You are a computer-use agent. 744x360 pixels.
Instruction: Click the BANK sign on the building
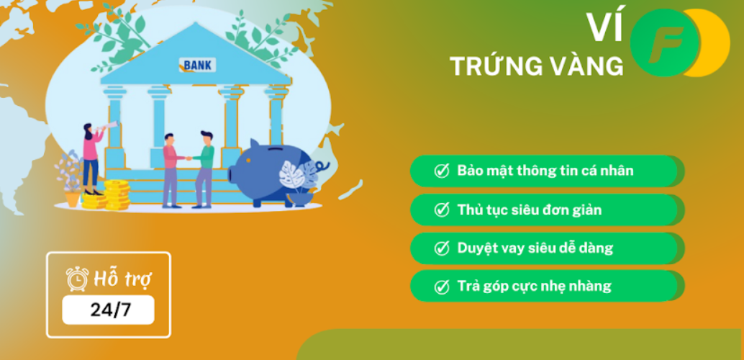click(x=197, y=65)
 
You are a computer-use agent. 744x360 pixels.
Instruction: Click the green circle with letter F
click(x=665, y=42)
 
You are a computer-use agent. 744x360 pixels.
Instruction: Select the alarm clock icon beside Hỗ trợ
click(x=76, y=279)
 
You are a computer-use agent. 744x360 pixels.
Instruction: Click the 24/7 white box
click(x=108, y=310)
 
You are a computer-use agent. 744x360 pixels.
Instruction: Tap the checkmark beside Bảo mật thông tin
click(x=442, y=171)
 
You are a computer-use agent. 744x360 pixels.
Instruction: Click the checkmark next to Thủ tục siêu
click(x=442, y=210)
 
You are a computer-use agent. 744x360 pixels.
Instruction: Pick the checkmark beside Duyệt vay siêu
click(x=442, y=248)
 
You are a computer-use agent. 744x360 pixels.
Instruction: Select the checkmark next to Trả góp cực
click(x=442, y=287)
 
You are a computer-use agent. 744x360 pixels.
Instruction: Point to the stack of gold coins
click(x=117, y=194)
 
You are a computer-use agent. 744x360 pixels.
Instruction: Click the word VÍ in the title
click(x=603, y=27)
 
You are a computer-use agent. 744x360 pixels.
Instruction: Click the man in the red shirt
click(x=172, y=171)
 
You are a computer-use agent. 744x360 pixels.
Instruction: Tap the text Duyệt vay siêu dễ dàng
click(x=535, y=248)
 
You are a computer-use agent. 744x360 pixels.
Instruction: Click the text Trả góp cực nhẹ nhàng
click(x=535, y=287)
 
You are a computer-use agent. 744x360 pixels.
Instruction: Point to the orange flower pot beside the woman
click(x=73, y=199)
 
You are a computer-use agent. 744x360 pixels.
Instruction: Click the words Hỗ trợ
click(x=122, y=279)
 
